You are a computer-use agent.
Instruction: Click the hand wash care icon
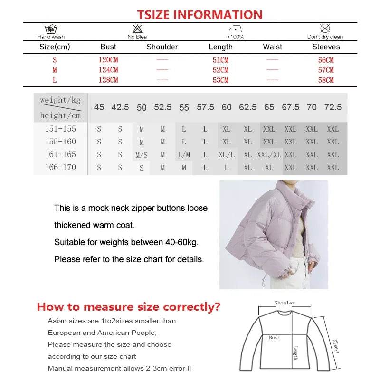pyautogui.click(x=51, y=29)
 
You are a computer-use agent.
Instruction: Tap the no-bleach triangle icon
pyautogui.click(x=137, y=28)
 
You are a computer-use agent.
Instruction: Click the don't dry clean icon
pyautogui.click(x=325, y=28)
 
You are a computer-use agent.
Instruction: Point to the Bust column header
pyautogui.click(x=108, y=47)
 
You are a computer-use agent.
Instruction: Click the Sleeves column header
pyautogui.click(x=326, y=47)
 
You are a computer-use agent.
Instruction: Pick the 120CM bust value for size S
pyautogui.click(x=108, y=60)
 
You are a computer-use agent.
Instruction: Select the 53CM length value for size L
pyautogui.click(x=220, y=80)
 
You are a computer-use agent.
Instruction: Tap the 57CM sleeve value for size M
pyautogui.click(x=326, y=70)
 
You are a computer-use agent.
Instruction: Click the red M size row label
pyautogui.click(x=55, y=70)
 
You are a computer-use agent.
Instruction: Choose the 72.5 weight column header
pyautogui.click(x=332, y=107)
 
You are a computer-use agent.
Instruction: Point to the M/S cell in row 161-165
pyautogui.click(x=142, y=155)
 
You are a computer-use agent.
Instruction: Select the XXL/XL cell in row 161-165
pyautogui.click(x=269, y=155)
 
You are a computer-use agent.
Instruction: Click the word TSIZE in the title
pyautogui.click(x=154, y=15)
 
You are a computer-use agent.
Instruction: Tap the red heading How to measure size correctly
pyautogui.click(x=129, y=307)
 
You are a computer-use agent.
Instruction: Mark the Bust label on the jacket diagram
pyautogui.click(x=275, y=338)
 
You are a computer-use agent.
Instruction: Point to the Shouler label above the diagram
pyautogui.click(x=285, y=303)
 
